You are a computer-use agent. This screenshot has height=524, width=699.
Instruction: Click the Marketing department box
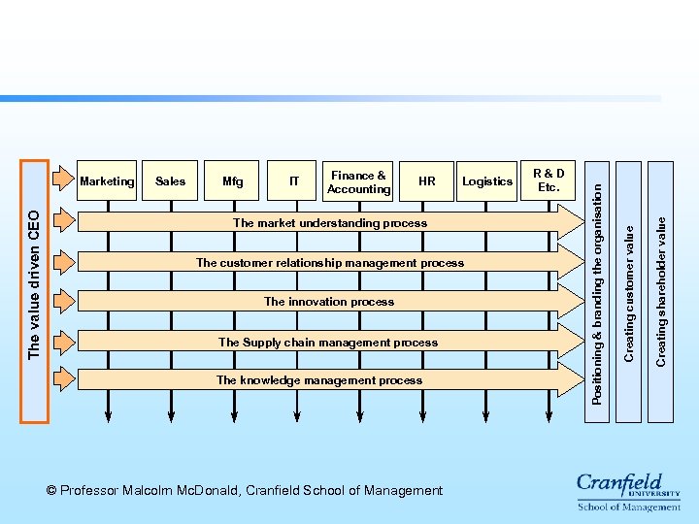click(x=107, y=181)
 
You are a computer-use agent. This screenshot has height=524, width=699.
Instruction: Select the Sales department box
click(x=170, y=181)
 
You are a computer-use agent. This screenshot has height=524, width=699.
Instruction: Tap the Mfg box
click(x=233, y=181)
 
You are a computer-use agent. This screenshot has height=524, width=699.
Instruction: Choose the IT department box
click(x=294, y=181)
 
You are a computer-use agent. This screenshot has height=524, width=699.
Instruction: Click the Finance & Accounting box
click(x=358, y=182)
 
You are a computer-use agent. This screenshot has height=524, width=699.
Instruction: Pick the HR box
click(x=426, y=181)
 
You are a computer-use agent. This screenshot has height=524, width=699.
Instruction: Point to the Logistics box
click(x=487, y=181)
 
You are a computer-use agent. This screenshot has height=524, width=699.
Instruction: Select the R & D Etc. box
click(x=549, y=180)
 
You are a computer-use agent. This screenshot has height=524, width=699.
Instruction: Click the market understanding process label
click(x=330, y=223)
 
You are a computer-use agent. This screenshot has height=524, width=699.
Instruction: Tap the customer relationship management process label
click(x=330, y=263)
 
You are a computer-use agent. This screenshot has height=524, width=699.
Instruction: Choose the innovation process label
click(x=329, y=302)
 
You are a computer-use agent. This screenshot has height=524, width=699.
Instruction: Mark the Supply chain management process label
click(x=328, y=342)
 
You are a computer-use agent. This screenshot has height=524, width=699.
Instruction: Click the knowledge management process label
click(x=319, y=380)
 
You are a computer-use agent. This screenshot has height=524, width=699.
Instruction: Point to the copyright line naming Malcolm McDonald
click(x=244, y=490)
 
